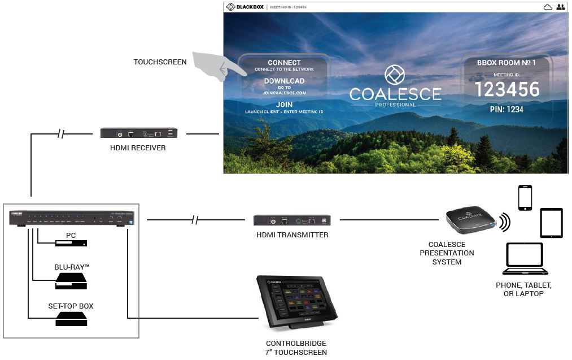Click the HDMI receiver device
139,133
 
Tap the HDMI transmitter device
291,220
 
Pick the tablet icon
551,223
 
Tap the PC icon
71,244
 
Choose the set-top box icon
71,320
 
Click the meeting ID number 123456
506,89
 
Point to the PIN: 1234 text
506,109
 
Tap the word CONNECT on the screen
284,63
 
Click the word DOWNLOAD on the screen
284,81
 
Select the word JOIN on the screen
284,105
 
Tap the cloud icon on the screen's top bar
547,7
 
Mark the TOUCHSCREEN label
160,62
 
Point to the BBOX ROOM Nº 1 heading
506,63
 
